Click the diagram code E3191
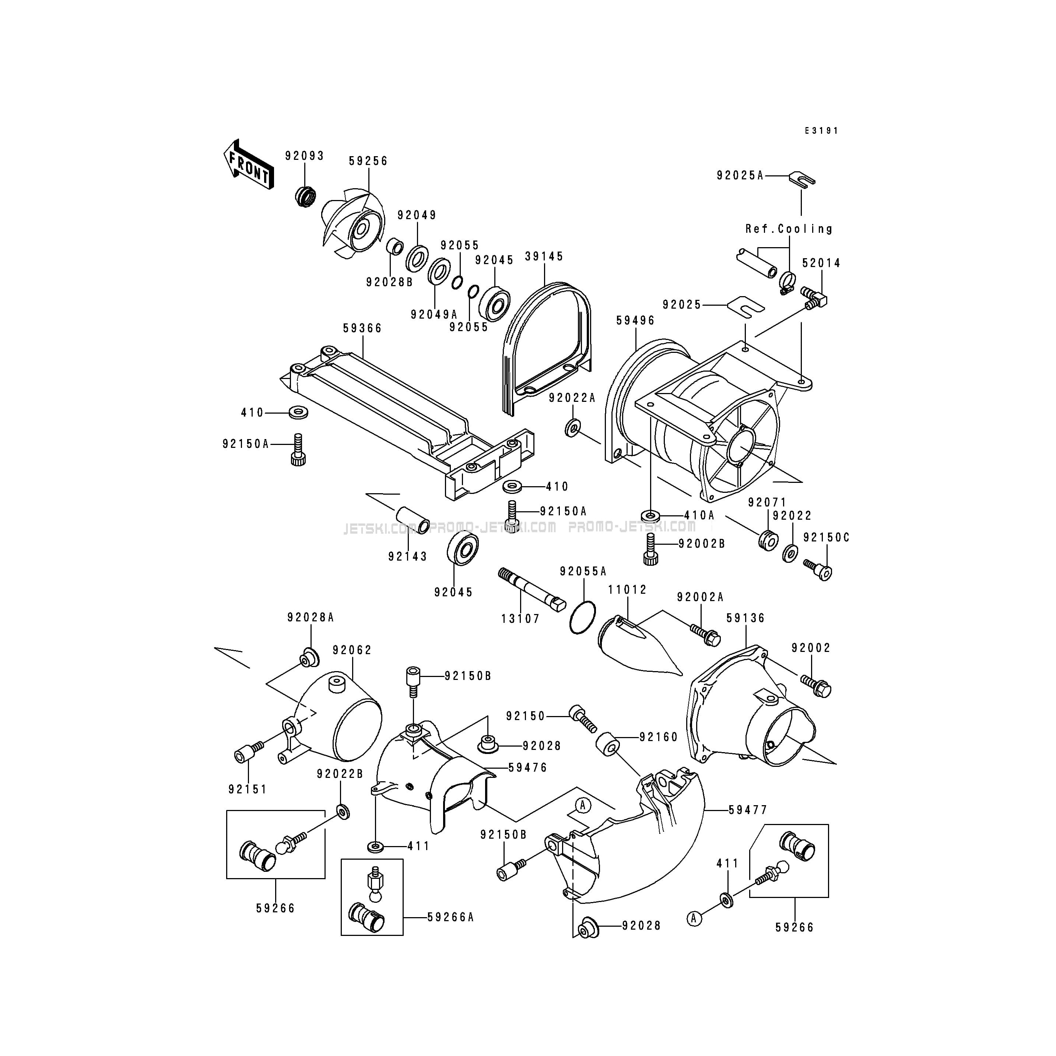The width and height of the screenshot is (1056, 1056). tap(821, 131)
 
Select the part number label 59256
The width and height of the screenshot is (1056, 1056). tap(368, 161)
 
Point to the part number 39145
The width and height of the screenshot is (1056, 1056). tap(544, 256)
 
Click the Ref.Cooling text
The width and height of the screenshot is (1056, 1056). tap(789, 229)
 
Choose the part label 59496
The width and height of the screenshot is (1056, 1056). tap(635, 321)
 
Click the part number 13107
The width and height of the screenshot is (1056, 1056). tap(520, 619)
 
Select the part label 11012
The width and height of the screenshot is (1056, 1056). tap(628, 590)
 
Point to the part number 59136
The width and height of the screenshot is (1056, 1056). tap(745, 618)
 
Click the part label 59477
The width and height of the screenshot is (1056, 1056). tap(748, 810)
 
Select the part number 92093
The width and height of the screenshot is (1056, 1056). tap(305, 156)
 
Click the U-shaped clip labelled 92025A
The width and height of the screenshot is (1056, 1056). tap(802, 178)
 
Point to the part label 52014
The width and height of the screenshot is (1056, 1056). tap(821, 263)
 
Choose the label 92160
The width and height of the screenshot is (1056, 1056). tap(658, 737)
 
